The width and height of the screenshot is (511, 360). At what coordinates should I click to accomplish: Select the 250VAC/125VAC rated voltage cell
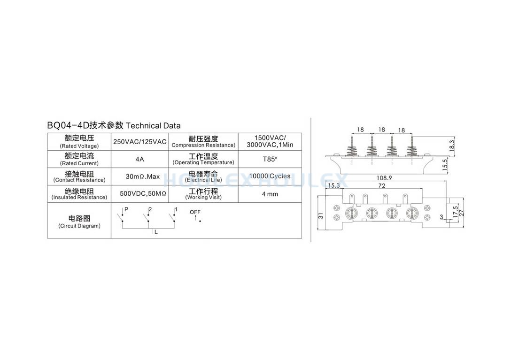pyautogui.click(x=140, y=142)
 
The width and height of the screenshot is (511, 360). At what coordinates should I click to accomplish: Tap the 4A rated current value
pyautogui.click(x=140, y=159)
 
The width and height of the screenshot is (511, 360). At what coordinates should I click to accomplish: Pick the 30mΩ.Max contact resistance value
pyautogui.click(x=143, y=176)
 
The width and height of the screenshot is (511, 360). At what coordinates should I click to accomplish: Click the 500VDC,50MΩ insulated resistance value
pyautogui.click(x=143, y=193)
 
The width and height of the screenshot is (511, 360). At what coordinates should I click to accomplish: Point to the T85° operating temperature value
pyautogui.click(x=270, y=159)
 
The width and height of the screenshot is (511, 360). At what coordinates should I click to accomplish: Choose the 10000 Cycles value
pyautogui.click(x=270, y=176)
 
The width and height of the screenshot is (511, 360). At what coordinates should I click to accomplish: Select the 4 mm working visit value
pyautogui.click(x=270, y=194)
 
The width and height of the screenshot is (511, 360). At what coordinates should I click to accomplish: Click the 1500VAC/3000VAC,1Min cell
pyautogui.click(x=270, y=141)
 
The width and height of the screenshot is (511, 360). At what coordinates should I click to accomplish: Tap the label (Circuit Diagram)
pyautogui.click(x=79, y=226)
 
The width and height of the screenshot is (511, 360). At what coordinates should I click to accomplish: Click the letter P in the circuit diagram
pyautogui.click(x=126, y=209)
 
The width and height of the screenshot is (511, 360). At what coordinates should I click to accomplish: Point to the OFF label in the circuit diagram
pyautogui.click(x=195, y=212)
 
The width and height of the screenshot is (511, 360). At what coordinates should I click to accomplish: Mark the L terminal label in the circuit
pyautogui.click(x=156, y=232)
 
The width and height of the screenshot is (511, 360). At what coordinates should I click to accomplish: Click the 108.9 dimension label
pyautogui.click(x=384, y=178)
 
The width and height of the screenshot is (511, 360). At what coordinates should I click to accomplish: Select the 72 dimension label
pyautogui.click(x=382, y=186)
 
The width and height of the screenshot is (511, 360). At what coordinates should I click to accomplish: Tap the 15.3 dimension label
pyautogui.click(x=334, y=185)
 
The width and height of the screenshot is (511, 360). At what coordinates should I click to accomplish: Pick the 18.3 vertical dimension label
pyautogui.click(x=452, y=145)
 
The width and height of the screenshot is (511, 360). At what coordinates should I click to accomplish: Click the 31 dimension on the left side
pyautogui.click(x=321, y=216)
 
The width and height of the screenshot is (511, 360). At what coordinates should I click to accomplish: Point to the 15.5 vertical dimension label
pyautogui.click(x=445, y=165)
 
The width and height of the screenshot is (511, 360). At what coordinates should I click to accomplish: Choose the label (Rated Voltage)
pyautogui.click(x=79, y=146)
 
